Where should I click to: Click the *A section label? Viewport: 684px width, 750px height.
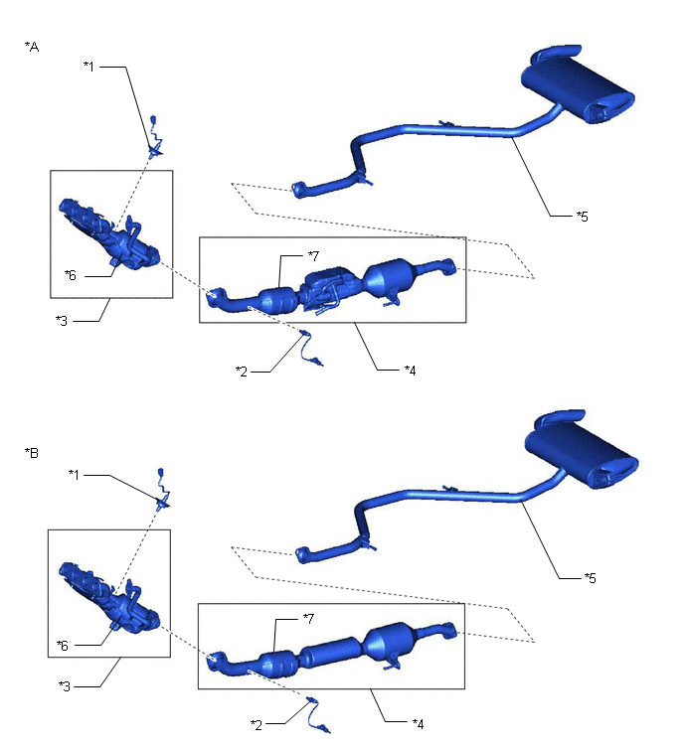(32, 47)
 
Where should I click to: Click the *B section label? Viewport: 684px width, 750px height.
(32, 453)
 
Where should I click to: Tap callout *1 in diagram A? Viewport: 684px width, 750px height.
(88, 66)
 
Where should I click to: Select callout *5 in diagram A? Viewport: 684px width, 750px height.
(582, 217)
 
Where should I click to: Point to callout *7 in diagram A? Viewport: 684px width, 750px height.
(313, 256)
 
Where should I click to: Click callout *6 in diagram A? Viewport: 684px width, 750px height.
(71, 275)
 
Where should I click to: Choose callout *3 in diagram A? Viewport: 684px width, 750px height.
(62, 321)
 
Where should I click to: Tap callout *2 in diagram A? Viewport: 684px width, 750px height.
(242, 372)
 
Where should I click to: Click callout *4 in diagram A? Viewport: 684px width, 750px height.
(411, 370)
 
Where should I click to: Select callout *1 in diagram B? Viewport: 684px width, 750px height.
(74, 474)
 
